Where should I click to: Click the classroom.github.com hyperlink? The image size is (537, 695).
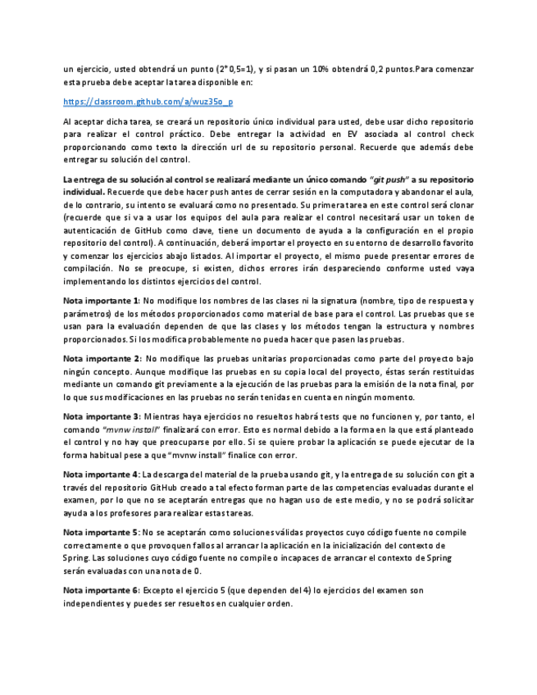click(148, 102)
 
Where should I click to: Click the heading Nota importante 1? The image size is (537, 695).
click(98, 301)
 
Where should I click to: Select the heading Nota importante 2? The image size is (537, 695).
click(98, 358)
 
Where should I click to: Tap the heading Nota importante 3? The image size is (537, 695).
click(98, 416)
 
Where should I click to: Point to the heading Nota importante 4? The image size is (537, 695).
click(98, 474)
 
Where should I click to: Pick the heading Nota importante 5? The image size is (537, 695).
click(98, 532)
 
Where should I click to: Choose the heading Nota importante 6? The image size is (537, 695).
click(98, 590)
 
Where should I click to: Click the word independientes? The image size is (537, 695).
click(97, 603)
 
